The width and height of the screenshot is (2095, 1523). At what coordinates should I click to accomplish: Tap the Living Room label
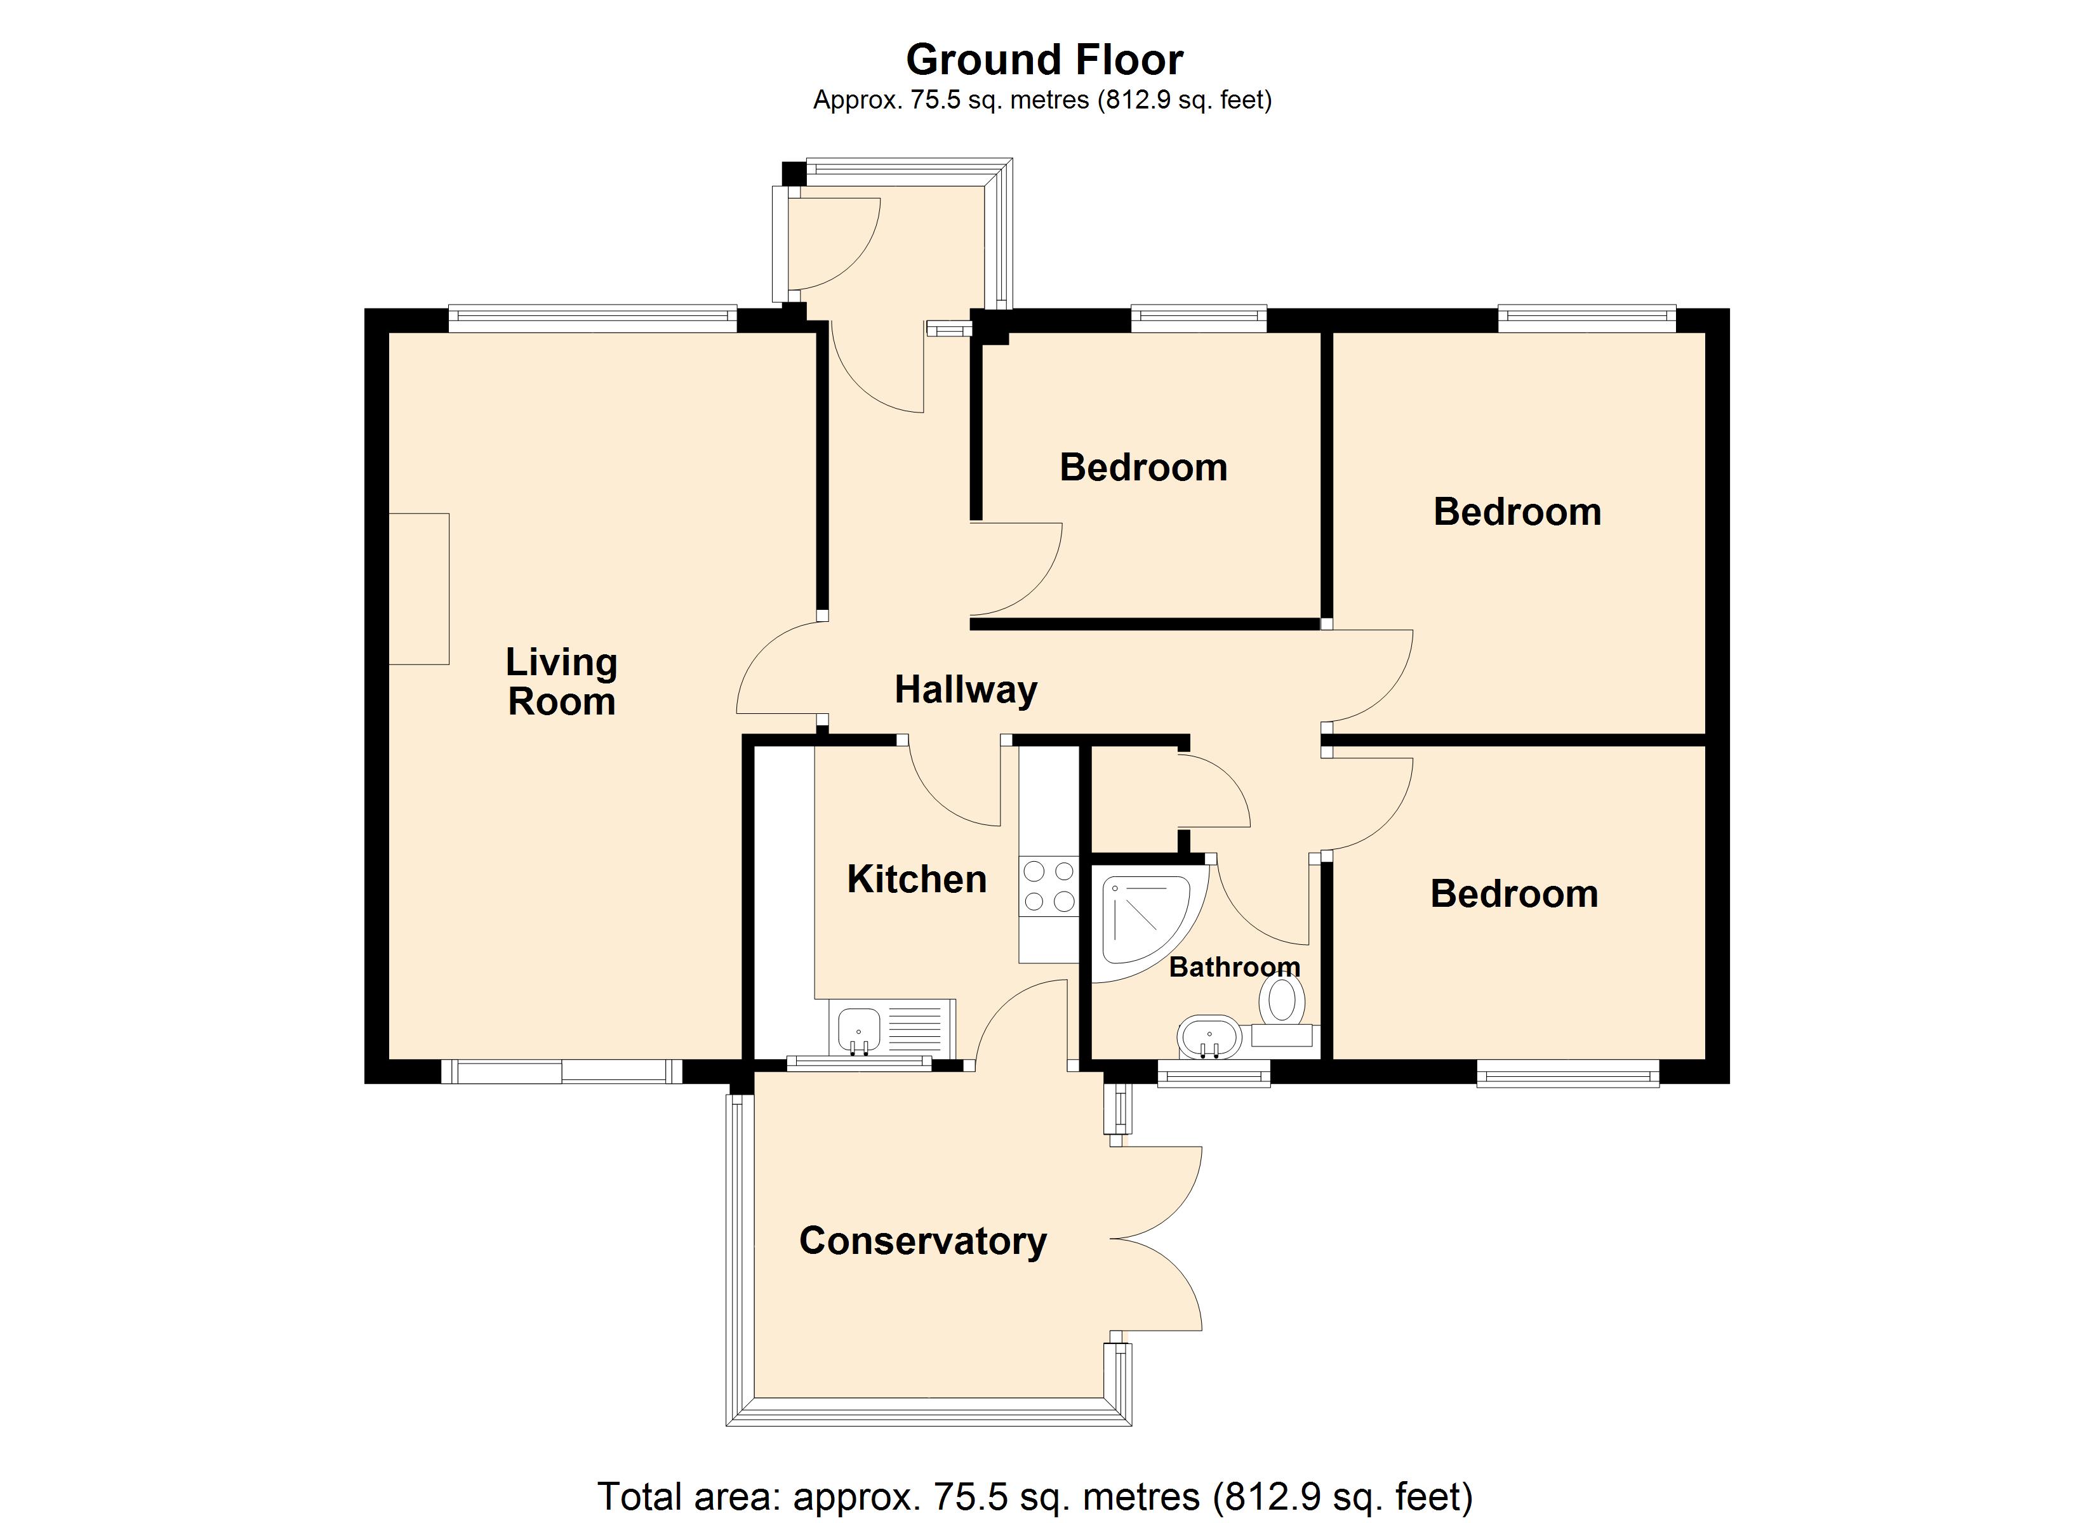click(562, 682)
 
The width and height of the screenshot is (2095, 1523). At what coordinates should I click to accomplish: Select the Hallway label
click(966, 690)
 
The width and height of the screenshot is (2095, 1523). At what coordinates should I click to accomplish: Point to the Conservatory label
click(923, 1241)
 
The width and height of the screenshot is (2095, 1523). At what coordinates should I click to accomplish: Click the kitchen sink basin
click(859, 1030)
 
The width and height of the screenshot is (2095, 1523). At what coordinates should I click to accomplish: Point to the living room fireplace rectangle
click(418, 588)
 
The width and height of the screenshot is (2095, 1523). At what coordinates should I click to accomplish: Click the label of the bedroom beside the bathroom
click(1514, 894)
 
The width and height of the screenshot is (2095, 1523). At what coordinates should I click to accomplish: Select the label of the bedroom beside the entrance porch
click(1143, 467)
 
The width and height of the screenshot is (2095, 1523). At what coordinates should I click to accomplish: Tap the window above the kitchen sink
click(859, 1063)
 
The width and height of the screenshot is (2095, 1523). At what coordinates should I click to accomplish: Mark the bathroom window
click(1214, 1072)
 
